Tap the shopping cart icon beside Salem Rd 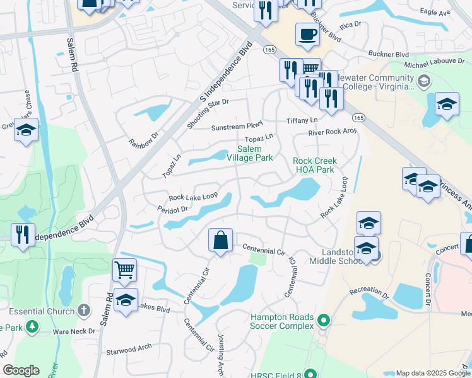click(125, 270)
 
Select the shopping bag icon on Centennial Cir click(220, 240)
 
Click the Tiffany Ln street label click(302, 120)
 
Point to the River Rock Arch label click(332, 132)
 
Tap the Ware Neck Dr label click(74, 331)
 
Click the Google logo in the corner click(21, 370)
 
